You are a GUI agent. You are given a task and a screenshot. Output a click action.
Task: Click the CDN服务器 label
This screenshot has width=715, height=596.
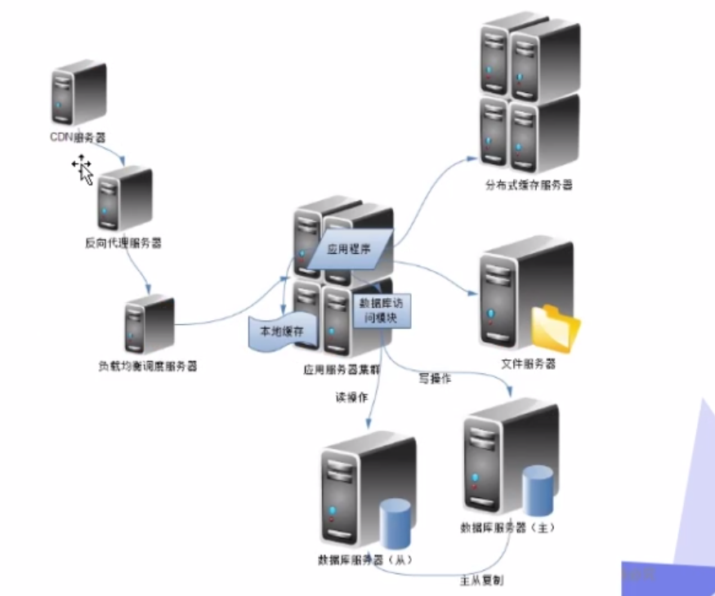pyautogui.click(x=78, y=138)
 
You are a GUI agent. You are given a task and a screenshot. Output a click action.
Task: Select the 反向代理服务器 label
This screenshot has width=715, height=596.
pyautogui.click(x=123, y=242)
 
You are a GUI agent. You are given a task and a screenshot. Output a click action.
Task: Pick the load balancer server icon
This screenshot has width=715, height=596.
pyautogui.click(x=149, y=324)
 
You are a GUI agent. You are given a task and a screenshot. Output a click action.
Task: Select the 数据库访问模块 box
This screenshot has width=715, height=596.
pyautogui.click(x=382, y=310)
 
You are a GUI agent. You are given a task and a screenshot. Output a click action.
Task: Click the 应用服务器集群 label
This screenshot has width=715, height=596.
pyautogui.click(x=342, y=369)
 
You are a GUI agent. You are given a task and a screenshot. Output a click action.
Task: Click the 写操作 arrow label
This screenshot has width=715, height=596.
pyautogui.click(x=436, y=378)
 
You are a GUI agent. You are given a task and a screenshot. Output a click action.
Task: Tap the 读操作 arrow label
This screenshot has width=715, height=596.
pyautogui.click(x=351, y=397)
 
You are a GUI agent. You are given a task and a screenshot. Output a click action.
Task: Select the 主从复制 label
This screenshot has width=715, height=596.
pyautogui.click(x=481, y=580)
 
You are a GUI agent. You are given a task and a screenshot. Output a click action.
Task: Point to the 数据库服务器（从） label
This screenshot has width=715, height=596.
pyautogui.click(x=365, y=561)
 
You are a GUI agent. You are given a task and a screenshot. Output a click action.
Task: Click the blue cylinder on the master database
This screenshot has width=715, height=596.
pyautogui.click(x=538, y=490)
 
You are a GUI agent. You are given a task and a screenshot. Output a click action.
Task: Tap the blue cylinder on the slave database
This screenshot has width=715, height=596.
pyautogui.click(x=395, y=523)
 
